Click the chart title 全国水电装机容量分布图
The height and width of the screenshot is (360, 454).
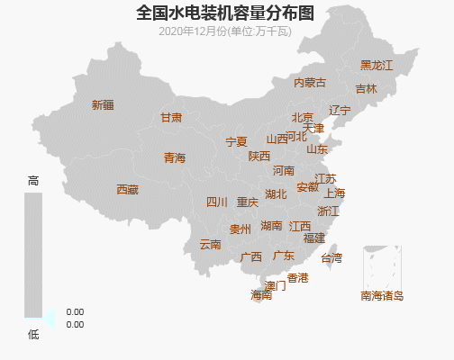pos(226,13)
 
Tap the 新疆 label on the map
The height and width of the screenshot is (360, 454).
pos(103,105)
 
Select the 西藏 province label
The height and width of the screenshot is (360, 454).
pos(127,190)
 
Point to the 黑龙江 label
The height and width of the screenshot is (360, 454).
pos(377,66)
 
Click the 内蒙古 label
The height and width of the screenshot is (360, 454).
pos(310,83)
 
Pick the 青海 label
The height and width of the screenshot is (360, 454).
pos(174,158)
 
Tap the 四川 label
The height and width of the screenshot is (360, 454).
pos(217,202)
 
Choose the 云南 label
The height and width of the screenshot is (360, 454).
pos(210,245)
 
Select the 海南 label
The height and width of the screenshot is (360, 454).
pos(261,294)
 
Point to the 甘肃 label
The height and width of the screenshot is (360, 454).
pos(171,118)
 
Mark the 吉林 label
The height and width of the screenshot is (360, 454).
pos(366,89)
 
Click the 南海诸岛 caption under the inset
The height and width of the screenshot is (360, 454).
pos(382,295)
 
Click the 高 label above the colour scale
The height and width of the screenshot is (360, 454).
pos(33,181)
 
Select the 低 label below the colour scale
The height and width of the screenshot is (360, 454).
pos(33,334)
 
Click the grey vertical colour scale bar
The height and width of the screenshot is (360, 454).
pos(33,256)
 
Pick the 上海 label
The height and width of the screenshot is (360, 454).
pos(334,193)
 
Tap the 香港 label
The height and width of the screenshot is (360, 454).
pos(297,278)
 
